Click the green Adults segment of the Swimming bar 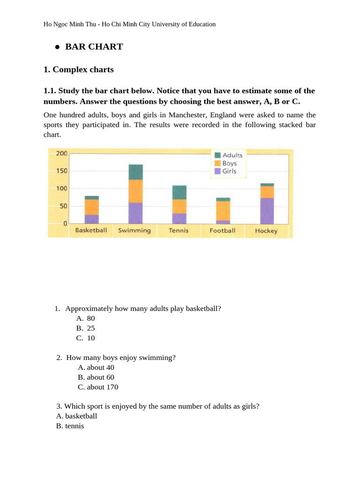135,172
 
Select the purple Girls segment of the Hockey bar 267,211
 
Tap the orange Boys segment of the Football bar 223,210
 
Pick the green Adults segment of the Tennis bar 179,192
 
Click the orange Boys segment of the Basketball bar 91,207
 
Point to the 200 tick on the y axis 62,153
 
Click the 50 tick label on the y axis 63,206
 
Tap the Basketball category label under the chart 91,230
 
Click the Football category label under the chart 223,231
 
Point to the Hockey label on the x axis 266,231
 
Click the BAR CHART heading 94,46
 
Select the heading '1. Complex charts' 78,69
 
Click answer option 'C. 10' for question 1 86,338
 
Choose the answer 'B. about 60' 96,377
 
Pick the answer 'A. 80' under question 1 86,318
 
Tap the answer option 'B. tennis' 70,426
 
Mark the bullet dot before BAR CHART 57,47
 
